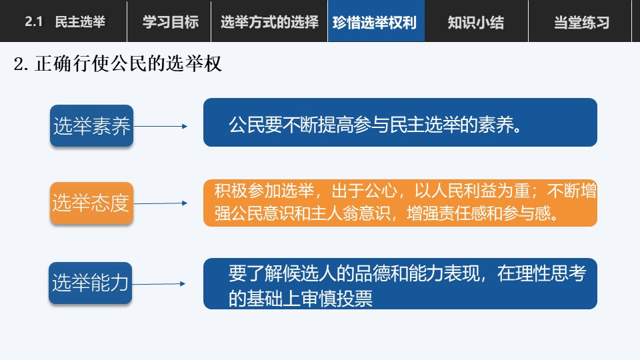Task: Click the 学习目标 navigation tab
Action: [169, 21]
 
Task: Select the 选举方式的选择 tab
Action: [269, 21]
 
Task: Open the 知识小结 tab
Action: [476, 21]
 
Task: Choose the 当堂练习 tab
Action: [581, 21]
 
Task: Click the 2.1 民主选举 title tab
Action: [65, 21]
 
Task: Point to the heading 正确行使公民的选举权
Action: [129, 64]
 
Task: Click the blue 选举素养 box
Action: [92, 126]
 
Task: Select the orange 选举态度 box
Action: [92, 203]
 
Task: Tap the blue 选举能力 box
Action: [90, 283]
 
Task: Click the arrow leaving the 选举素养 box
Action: [161, 127]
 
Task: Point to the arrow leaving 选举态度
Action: [161, 203]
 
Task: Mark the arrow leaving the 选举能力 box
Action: [159, 284]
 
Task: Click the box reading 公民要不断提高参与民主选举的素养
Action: [401, 123]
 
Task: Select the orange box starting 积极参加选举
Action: [401, 203]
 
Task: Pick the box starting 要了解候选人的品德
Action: [401, 284]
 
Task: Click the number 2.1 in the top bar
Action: [33, 21]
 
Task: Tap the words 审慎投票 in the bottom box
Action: [337, 299]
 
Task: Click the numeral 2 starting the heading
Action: [19, 65]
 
